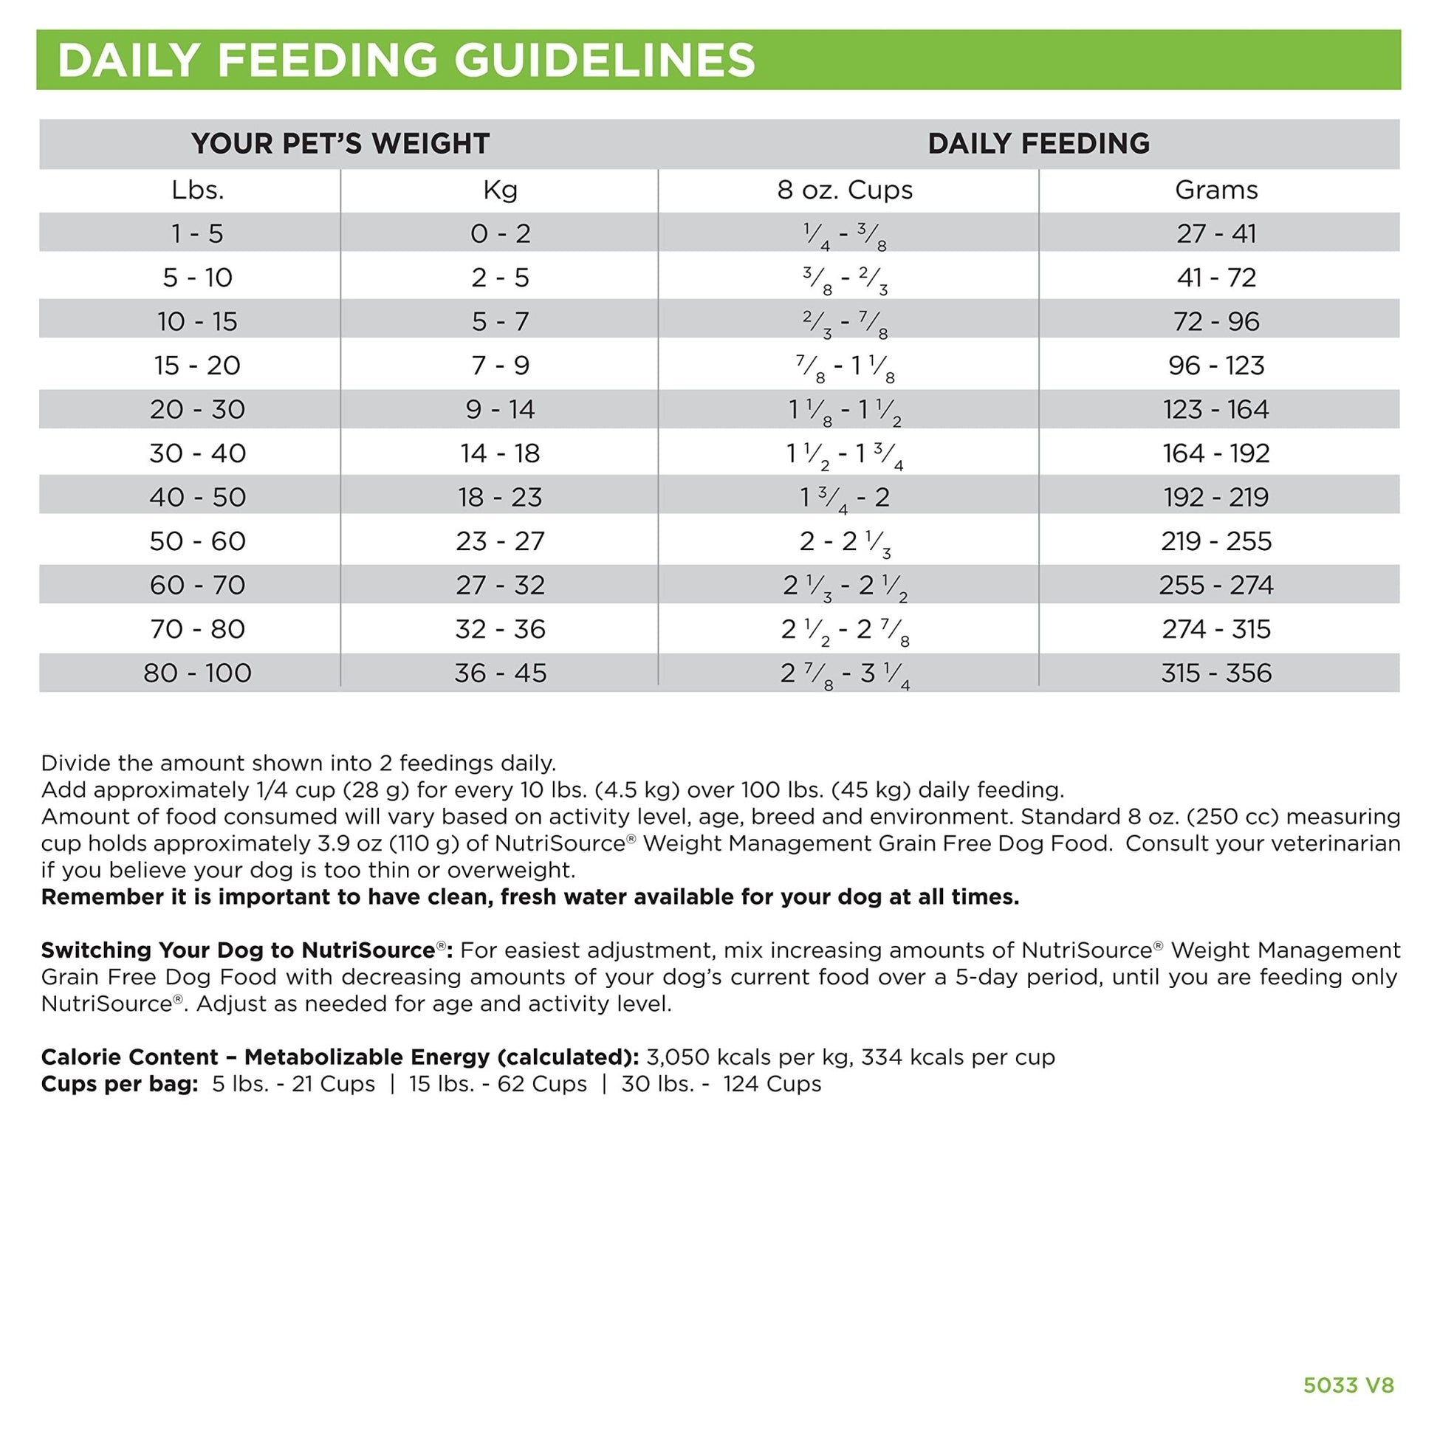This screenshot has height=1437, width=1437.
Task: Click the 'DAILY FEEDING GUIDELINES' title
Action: pyautogui.click(x=406, y=61)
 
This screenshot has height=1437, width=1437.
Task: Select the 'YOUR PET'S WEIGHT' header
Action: pyautogui.click(x=340, y=143)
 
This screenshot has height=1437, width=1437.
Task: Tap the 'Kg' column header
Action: pyautogui.click(x=500, y=191)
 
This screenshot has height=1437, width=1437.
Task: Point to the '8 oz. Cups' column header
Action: pyautogui.click(x=845, y=191)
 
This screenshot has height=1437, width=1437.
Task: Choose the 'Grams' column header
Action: pyautogui.click(x=1216, y=191)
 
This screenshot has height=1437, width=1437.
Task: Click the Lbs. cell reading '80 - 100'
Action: pyautogui.click(x=197, y=673)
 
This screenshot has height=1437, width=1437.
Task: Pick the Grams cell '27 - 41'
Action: pyautogui.click(x=1216, y=234)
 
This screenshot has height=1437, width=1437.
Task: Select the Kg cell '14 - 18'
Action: pyautogui.click(x=500, y=453)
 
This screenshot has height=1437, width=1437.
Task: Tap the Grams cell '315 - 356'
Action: pyautogui.click(x=1216, y=673)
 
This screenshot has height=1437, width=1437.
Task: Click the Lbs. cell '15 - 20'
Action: pyautogui.click(x=197, y=366)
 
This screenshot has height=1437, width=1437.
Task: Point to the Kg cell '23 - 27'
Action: pyautogui.click(x=500, y=541)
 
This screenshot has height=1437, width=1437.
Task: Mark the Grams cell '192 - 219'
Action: pyautogui.click(x=1216, y=498)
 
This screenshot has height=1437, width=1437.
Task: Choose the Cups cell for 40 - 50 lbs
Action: pyautogui.click(x=845, y=498)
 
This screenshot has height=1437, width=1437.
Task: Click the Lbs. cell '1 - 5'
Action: pyautogui.click(x=197, y=234)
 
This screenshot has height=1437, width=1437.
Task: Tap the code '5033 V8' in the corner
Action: pyautogui.click(x=1348, y=1385)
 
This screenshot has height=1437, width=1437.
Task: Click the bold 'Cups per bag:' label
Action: pyautogui.click(x=120, y=1084)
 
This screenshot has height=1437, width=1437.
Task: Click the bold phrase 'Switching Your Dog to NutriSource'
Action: pyautogui.click(x=238, y=950)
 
